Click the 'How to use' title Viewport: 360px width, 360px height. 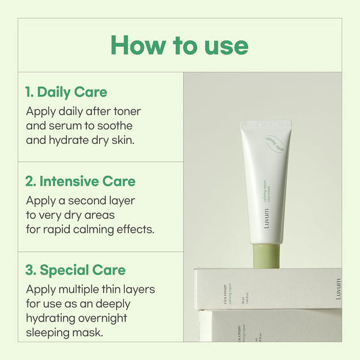(x=179, y=45)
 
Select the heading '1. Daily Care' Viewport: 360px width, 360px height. (x=66, y=92)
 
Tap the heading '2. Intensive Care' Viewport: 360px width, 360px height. (x=80, y=181)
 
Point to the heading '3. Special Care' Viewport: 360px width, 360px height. (x=75, y=269)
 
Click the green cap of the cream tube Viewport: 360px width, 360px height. (x=265, y=253)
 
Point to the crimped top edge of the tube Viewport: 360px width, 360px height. (x=266, y=125)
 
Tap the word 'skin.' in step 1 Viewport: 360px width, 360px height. (x=119, y=140)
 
